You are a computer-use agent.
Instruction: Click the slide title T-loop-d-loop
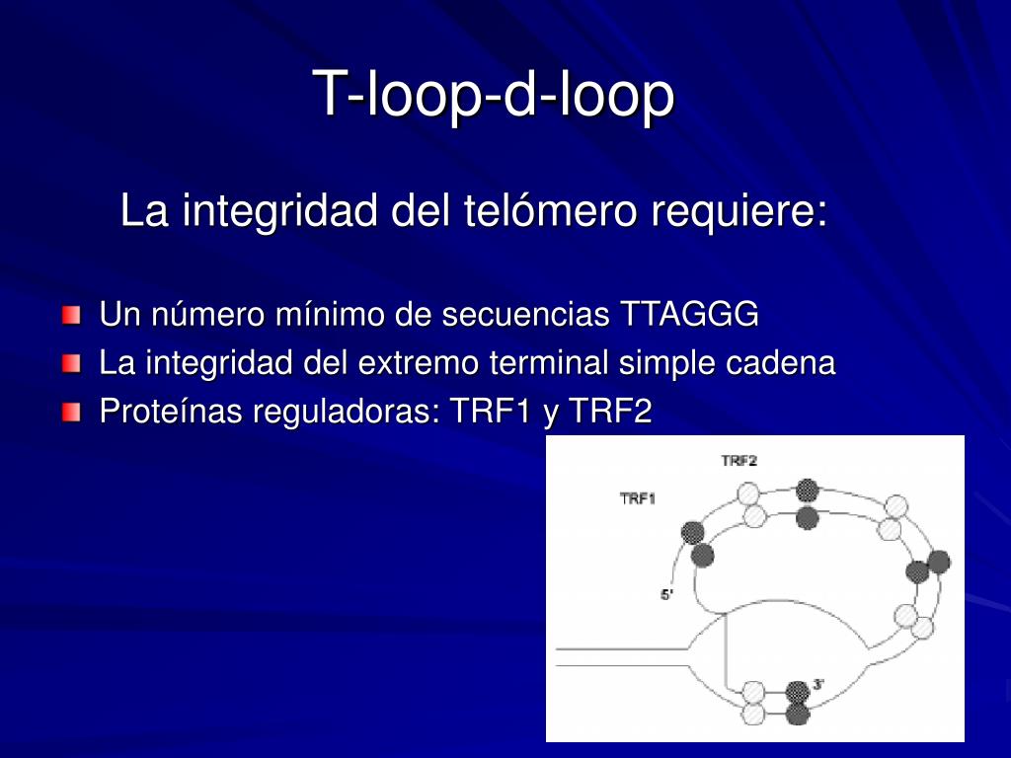point(494,95)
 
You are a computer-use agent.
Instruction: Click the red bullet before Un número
point(71,316)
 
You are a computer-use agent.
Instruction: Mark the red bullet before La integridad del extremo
point(71,364)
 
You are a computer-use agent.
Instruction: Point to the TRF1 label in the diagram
point(638,499)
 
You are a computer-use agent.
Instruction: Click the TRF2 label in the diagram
point(739,461)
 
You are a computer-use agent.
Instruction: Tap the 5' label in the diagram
point(666,594)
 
